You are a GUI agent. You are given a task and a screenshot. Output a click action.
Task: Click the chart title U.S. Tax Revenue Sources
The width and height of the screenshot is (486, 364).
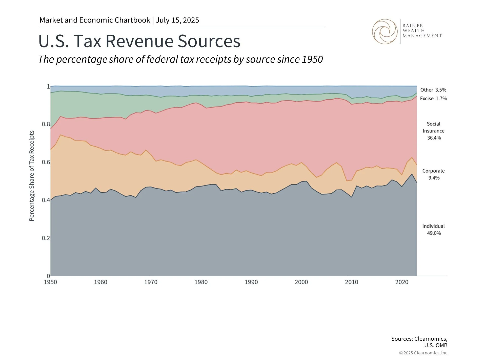point(139,41)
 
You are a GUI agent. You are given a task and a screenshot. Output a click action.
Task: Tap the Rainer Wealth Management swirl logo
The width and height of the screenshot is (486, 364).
point(385,32)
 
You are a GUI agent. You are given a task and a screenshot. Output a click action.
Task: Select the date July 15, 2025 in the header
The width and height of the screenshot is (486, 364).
point(177,20)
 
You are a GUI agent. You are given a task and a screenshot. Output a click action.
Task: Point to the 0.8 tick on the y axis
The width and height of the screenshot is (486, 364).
point(46,124)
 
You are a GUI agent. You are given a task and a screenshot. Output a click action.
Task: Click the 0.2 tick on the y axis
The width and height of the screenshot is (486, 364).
point(46,238)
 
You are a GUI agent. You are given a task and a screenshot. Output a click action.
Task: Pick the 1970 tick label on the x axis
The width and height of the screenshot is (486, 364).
point(151,282)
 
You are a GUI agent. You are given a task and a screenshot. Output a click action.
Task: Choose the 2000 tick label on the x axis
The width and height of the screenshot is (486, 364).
point(301,282)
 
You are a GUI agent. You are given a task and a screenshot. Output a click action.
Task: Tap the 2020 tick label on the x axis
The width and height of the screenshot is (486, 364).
point(402,282)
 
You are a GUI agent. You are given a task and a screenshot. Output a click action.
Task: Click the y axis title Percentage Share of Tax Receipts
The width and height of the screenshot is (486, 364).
point(32,176)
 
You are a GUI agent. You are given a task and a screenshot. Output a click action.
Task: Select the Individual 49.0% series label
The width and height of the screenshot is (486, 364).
point(434,230)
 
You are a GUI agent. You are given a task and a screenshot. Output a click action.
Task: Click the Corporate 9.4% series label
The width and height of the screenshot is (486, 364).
point(434,174)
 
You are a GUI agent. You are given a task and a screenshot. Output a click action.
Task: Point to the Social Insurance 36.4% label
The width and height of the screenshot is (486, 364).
point(434,131)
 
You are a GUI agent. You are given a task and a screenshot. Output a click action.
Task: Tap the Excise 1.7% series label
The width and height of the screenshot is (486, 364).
point(433,99)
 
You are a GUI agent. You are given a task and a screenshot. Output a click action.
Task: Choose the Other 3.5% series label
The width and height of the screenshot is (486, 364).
point(433,90)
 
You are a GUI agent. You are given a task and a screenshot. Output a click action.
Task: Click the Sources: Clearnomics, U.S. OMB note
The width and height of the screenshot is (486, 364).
point(419,342)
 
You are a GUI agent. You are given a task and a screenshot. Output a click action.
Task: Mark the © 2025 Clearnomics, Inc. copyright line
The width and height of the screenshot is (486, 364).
point(424,353)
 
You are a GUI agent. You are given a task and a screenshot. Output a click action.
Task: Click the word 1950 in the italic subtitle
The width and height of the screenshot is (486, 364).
point(312,59)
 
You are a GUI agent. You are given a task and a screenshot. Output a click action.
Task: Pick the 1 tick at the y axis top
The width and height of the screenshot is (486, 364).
point(48,87)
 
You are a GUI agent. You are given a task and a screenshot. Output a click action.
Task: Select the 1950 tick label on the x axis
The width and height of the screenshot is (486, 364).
point(50,282)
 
